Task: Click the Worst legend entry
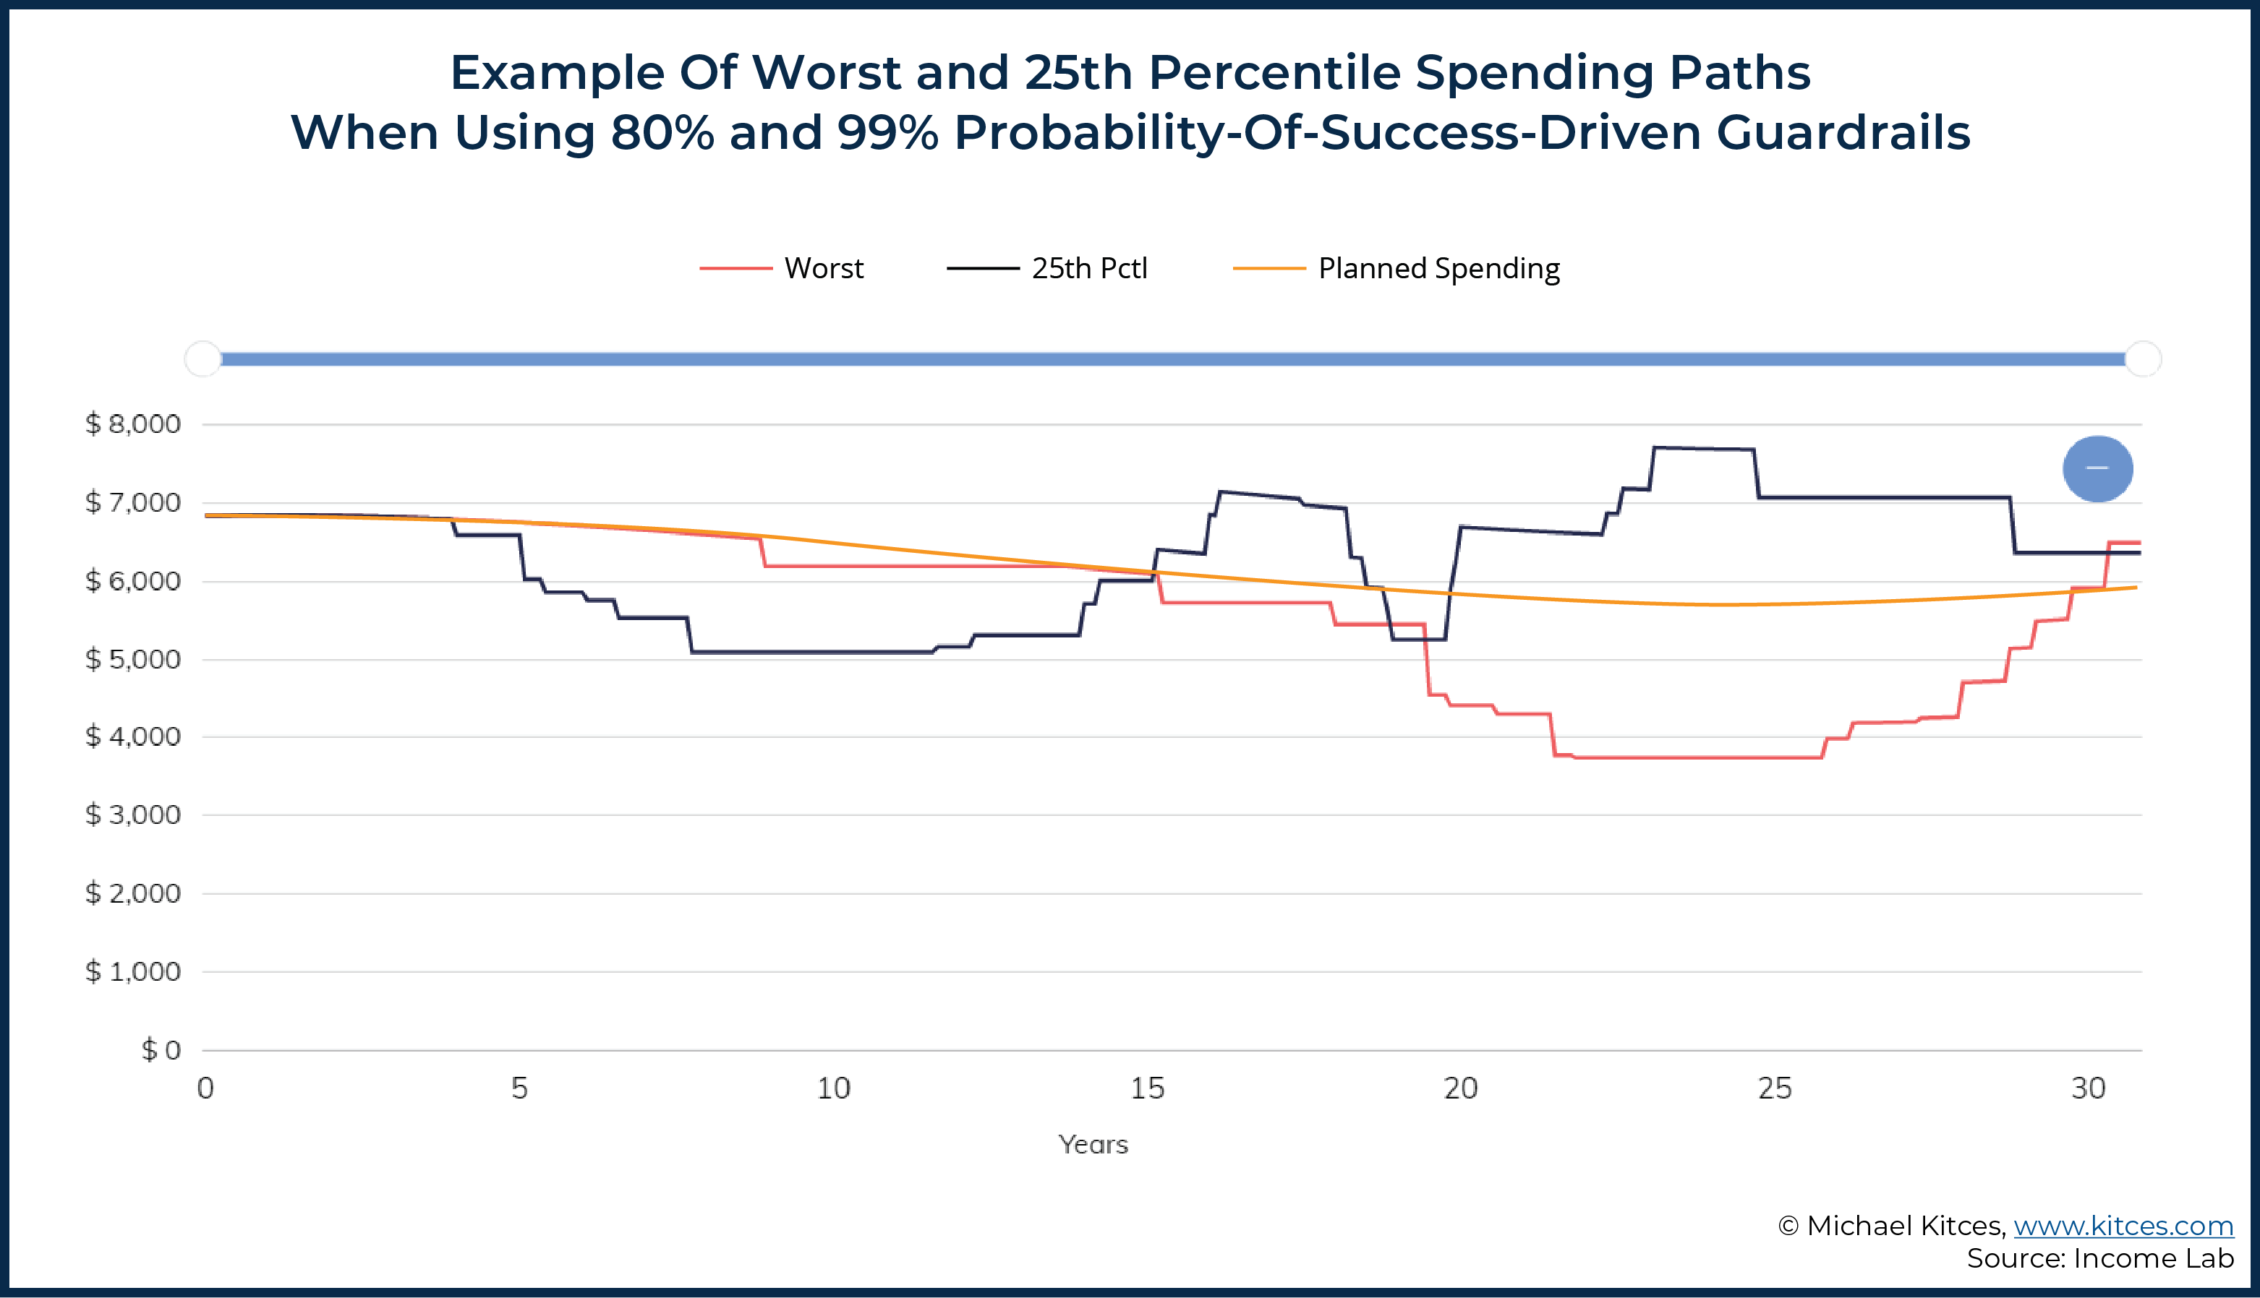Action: pyautogui.click(x=781, y=268)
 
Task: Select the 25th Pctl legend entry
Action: pyautogui.click(x=1047, y=268)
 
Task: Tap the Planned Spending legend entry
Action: pyautogui.click(x=1396, y=268)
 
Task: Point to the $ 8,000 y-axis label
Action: pyautogui.click(x=133, y=424)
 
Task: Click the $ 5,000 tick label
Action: pyautogui.click(x=133, y=659)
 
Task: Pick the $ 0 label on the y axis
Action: pyautogui.click(x=161, y=1049)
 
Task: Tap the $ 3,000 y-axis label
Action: pyautogui.click(x=133, y=815)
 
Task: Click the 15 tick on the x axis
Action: pyautogui.click(x=1147, y=1088)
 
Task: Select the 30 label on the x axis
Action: pyautogui.click(x=2089, y=1088)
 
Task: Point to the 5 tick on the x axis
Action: pyautogui.click(x=520, y=1088)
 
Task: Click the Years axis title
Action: pyautogui.click(x=1093, y=1144)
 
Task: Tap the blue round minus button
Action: pyautogui.click(x=2098, y=469)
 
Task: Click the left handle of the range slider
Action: pyautogui.click(x=203, y=359)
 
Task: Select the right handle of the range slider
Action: pyautogui.click(x=2143, y=359)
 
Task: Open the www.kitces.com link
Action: pyautogui.click(x=2123, y=1226)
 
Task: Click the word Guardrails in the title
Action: pyautogui.click(x=1843, y=132)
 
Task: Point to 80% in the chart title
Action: pyautogui.click(x=662, y=132)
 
